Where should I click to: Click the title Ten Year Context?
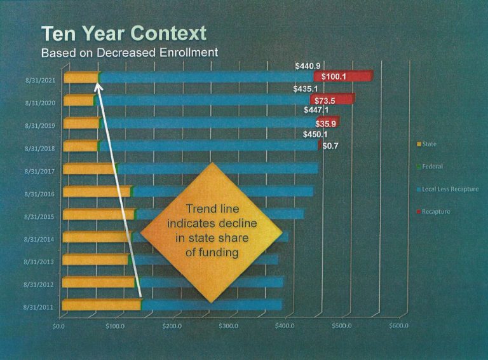[124, 33]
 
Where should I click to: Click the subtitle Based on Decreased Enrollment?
[129, 53]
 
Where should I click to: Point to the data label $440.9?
[308, 66]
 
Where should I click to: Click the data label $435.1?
[306, 89]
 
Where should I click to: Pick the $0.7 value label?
[330, 146]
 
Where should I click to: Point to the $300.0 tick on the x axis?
[228, 326]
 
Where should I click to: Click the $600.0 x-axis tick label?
[398, 326]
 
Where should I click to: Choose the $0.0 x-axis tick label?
[58, 326]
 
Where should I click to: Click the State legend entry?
[429, 144]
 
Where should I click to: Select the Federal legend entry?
[432, 167]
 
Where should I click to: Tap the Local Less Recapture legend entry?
[447, 189]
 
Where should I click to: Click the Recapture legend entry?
[435, 211]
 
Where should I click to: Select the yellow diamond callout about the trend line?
[211, 233]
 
